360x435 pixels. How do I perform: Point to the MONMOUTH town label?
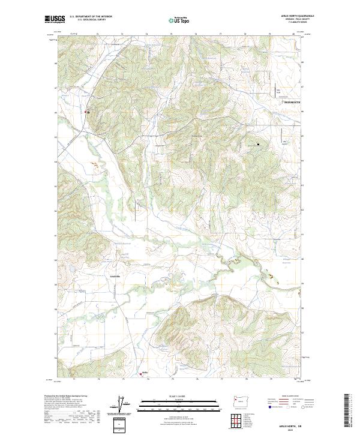point(291,103)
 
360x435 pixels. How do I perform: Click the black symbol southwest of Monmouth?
point(259,144)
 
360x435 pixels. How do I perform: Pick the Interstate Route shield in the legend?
point(269,406)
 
